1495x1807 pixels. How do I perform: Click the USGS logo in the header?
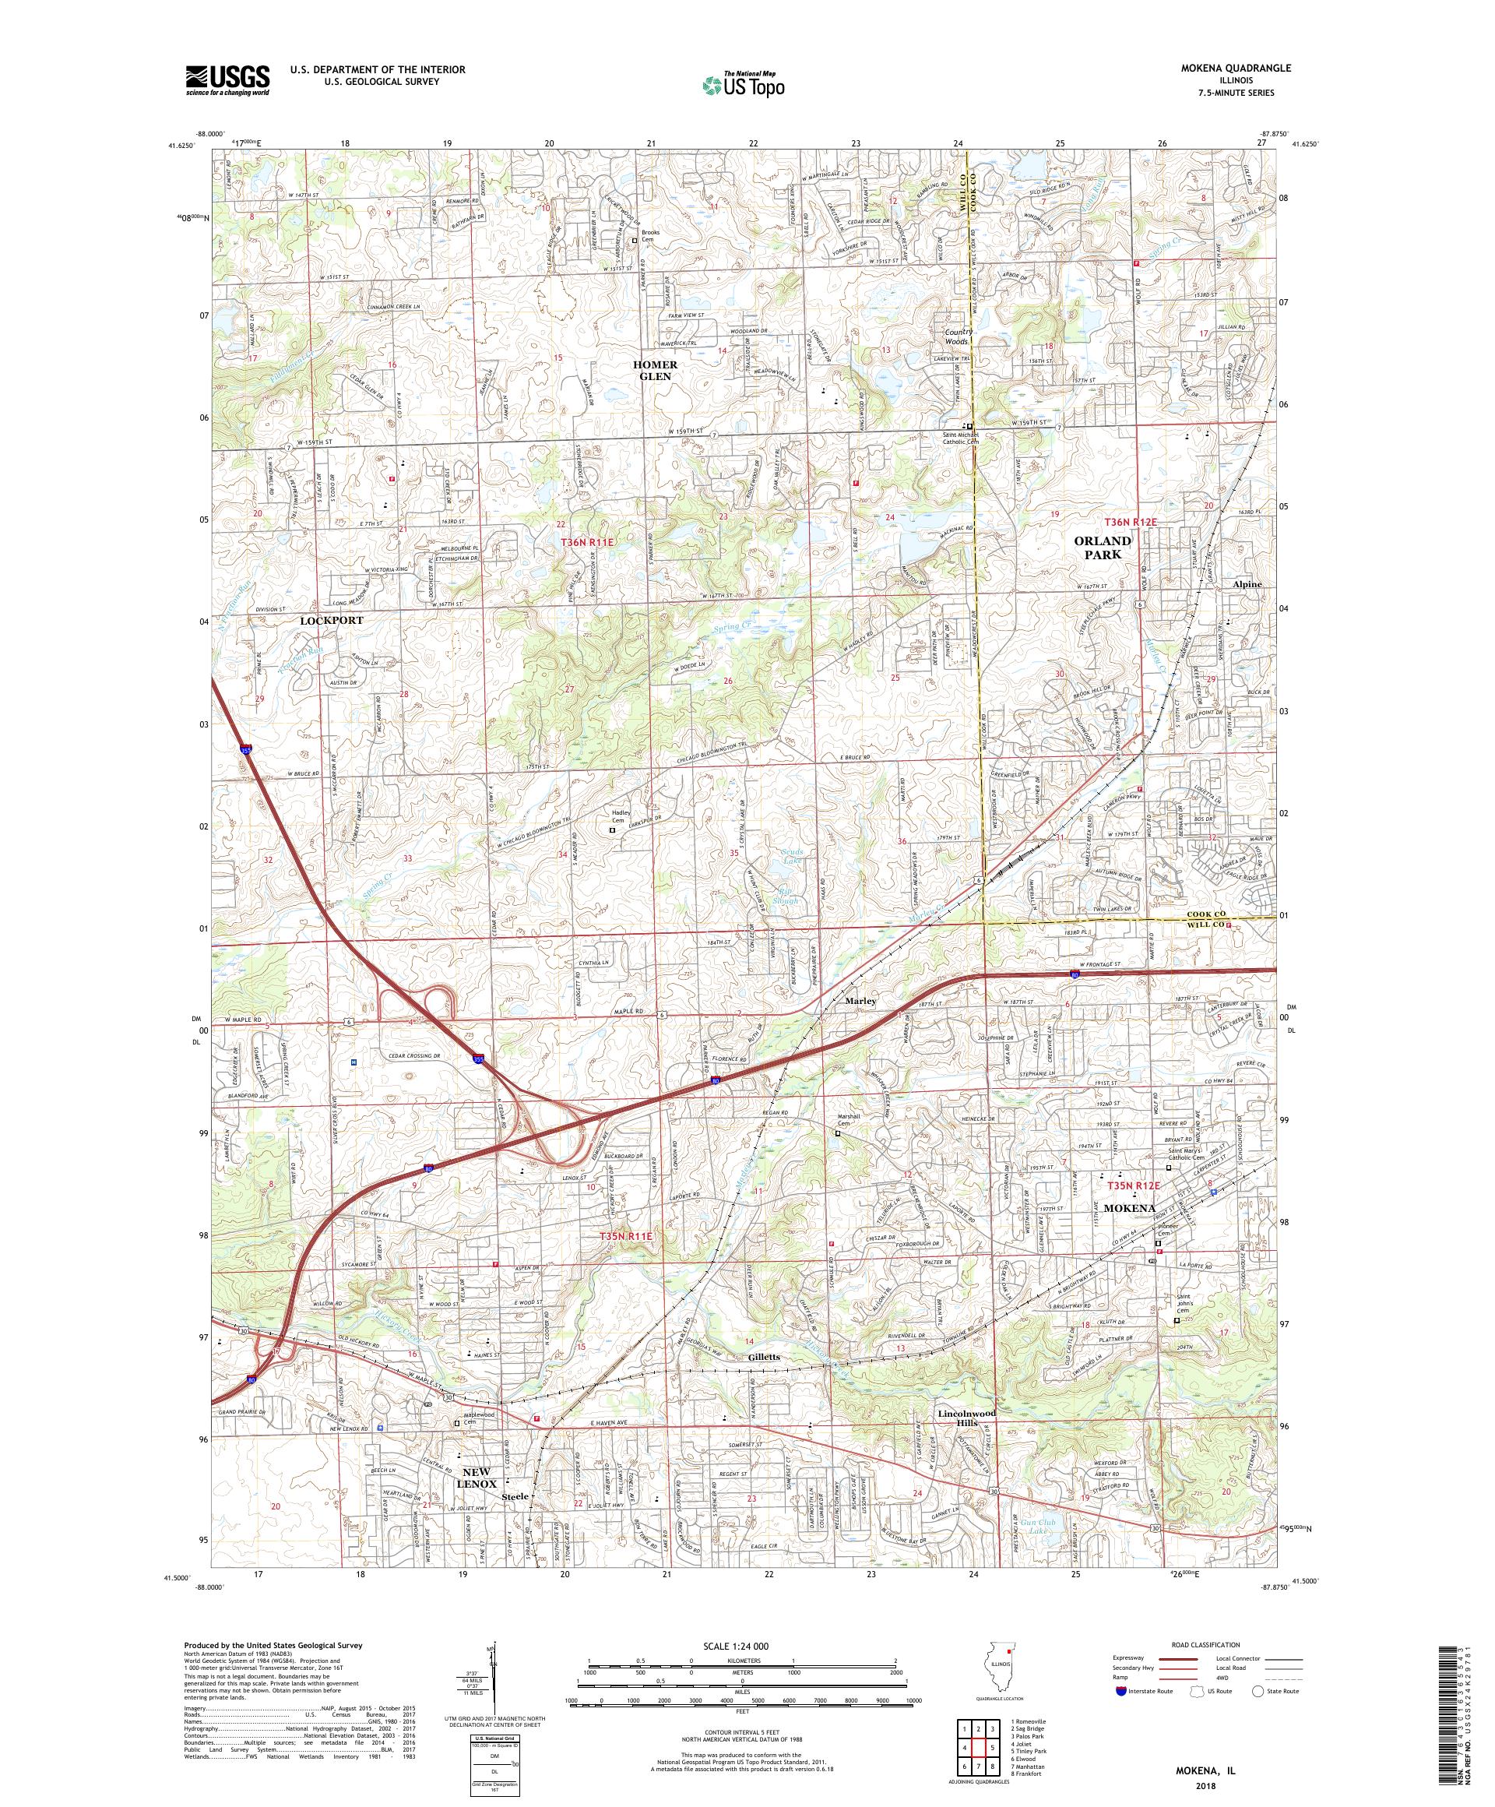pos(228,80)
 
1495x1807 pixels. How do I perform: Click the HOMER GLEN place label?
pos(656,370)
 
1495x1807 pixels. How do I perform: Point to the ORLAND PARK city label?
pos(1103,548)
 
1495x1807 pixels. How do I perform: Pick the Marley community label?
pos(860,1002)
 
